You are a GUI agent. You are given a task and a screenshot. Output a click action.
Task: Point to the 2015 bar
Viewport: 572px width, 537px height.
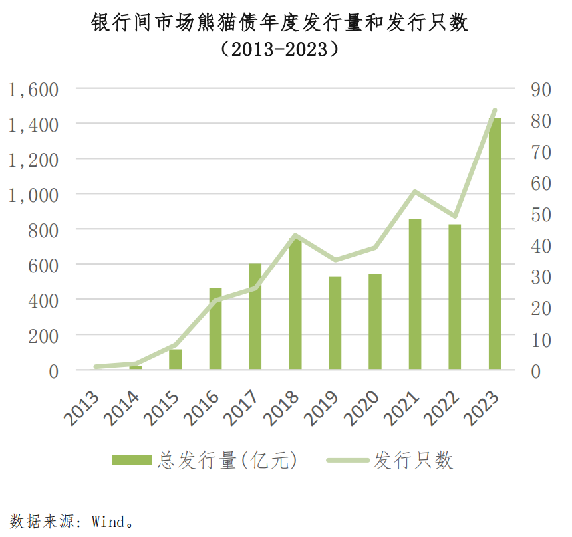coord(176,359)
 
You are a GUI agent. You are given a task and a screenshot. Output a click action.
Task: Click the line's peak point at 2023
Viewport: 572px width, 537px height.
coord(495,110)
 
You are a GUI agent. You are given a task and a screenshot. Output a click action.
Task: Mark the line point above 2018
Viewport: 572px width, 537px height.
coord(295,236)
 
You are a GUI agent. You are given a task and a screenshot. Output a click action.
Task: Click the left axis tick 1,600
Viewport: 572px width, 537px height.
coord(34,88)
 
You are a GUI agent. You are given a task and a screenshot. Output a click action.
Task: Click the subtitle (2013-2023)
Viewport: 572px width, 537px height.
coord(279,50)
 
